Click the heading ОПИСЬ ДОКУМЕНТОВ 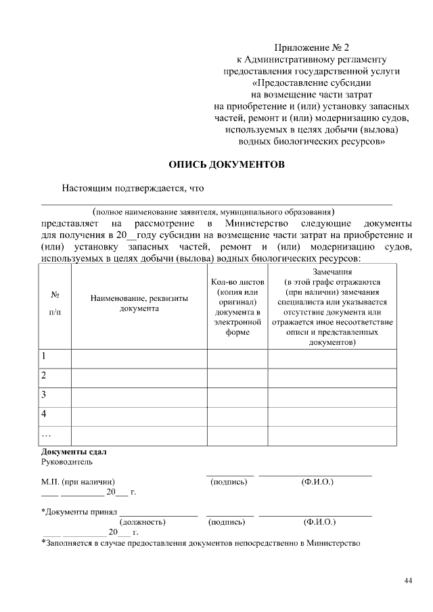click(226, 164)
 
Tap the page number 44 click(408, 580)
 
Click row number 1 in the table click(44, 356)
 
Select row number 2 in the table click(44, 375)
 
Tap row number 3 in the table click(44, 394)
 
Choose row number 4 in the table click(44, 413)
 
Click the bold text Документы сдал click(74, 452)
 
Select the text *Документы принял click(80, 512)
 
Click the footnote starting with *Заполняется click(201, 542)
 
